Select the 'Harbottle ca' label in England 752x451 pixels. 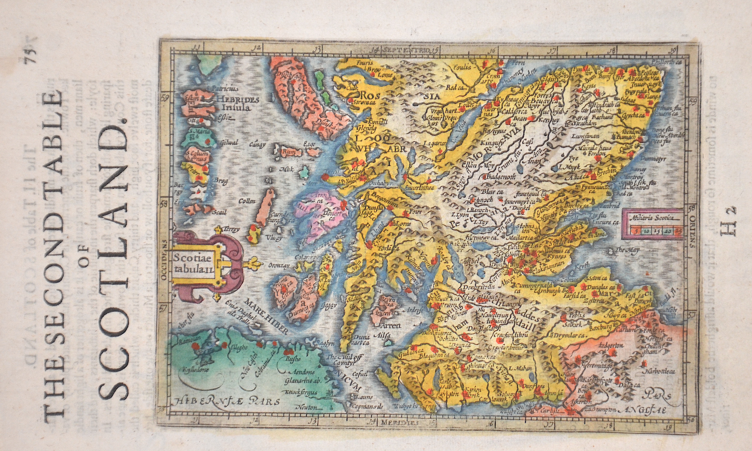tap(656, 371)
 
